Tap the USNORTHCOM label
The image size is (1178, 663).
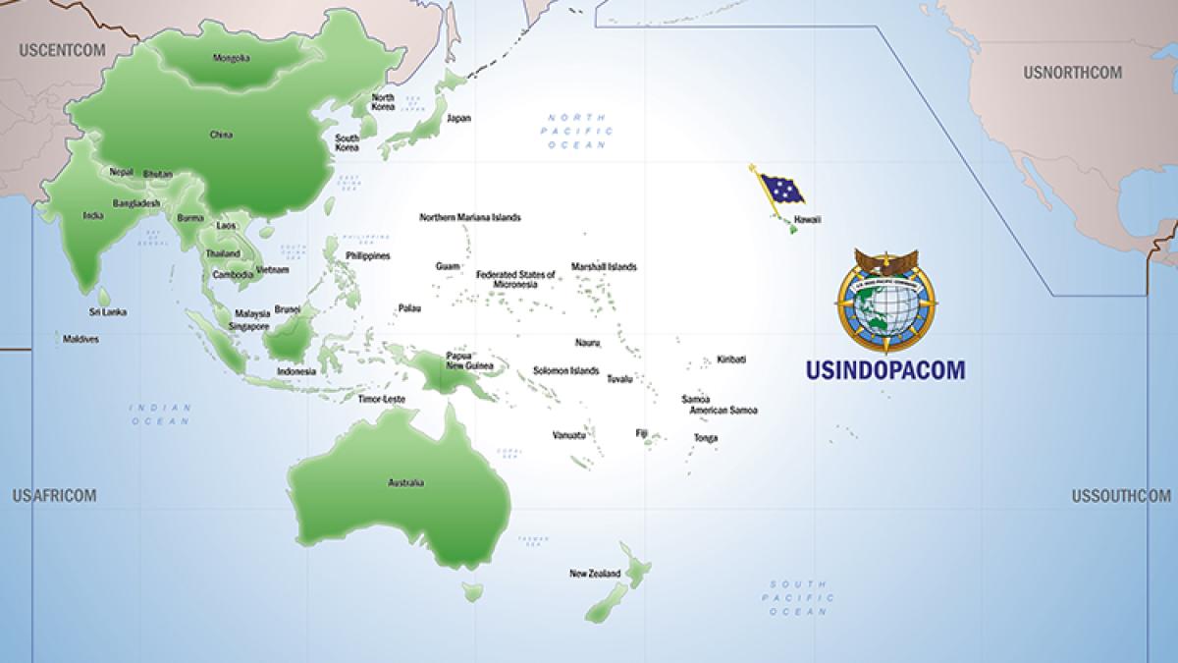(1072, 73)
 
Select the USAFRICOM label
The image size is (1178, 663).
(54, 496)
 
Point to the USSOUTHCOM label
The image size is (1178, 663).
(1121, 496)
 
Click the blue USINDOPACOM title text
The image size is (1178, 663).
(884, 369)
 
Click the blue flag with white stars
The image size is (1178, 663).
(780, 188)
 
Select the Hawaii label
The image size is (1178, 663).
(807, 219)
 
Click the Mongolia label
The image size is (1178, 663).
(231, 58)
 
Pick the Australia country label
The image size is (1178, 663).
(405, 482)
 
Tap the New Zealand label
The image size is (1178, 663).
(595, 573)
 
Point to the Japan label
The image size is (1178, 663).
(458, 118)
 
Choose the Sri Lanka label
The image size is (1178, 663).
(108, 312)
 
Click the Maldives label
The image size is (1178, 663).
(80, 340)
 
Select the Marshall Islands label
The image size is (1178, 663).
(604, 267)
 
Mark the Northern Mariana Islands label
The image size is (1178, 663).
(470, 217)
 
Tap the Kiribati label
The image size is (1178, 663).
(731, 359)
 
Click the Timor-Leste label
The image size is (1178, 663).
(382, 400)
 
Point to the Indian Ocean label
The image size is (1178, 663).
(160, 414)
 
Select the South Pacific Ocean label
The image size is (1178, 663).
(800, 597)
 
